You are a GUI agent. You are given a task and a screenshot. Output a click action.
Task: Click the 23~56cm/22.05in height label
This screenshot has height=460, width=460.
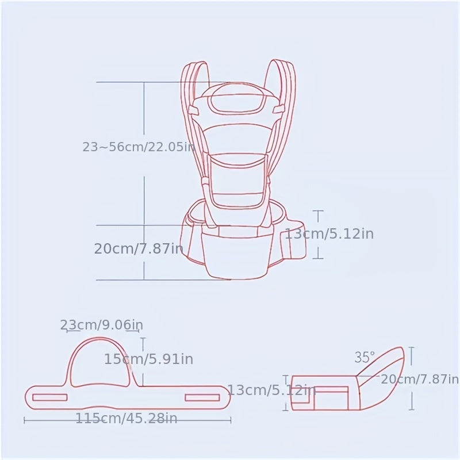pyautogui.click(x=138, y=147)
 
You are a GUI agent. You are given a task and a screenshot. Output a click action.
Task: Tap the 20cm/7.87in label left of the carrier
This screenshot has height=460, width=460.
pyautogui.click(x=138, y=249)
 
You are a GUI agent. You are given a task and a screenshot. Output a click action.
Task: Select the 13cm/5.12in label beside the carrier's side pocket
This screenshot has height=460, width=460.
pyautogui.click(x=329, y=234)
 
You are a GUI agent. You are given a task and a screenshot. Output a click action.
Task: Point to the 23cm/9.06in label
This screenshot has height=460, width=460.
pyautogui.click(x=101, y=325)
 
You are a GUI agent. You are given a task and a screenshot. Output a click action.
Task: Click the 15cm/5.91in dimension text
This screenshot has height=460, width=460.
pyautogui.click(x=148, y=359)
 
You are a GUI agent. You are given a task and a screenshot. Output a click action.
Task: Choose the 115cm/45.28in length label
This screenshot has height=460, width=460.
pyautogui.click(x=126, y=418)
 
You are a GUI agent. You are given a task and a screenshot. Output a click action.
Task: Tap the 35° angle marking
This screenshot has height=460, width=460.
pyautogui.click(x=364, y=358)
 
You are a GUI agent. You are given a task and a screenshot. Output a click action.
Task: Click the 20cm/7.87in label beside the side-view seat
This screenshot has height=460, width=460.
pyautogui.click(x=420, y=379)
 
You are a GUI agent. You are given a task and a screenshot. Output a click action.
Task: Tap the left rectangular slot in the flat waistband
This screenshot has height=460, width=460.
pyautogui.click(x=49, y=397)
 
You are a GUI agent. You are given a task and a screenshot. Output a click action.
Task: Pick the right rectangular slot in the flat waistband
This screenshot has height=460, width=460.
pyautogui.click(x=202, y=397)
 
